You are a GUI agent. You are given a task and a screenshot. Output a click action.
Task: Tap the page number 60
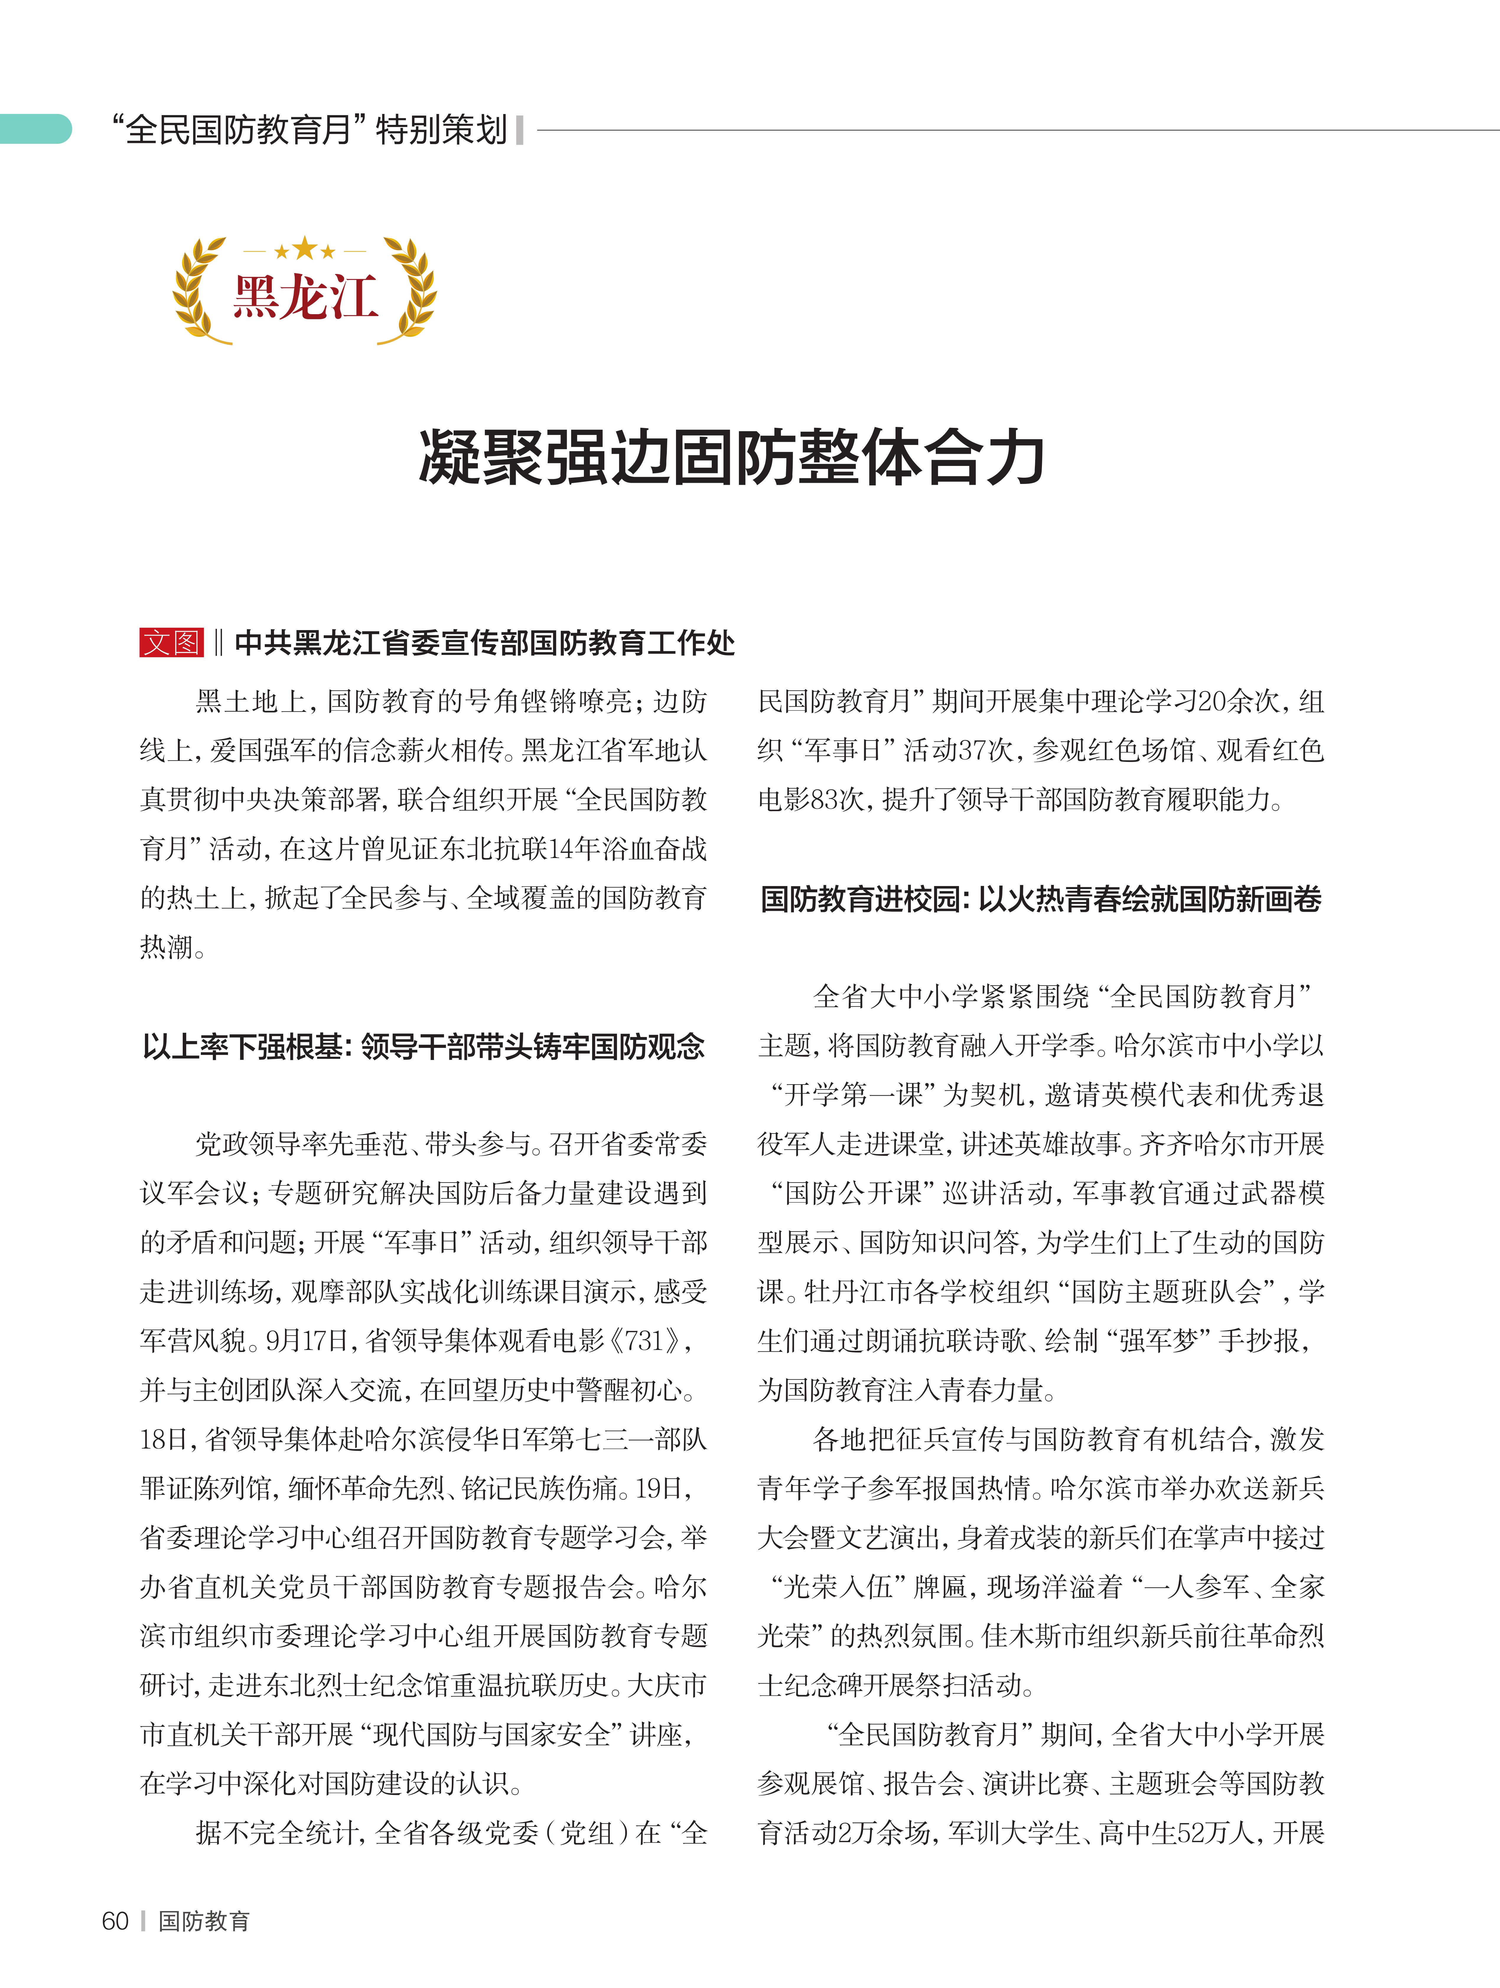point(115,1921)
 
